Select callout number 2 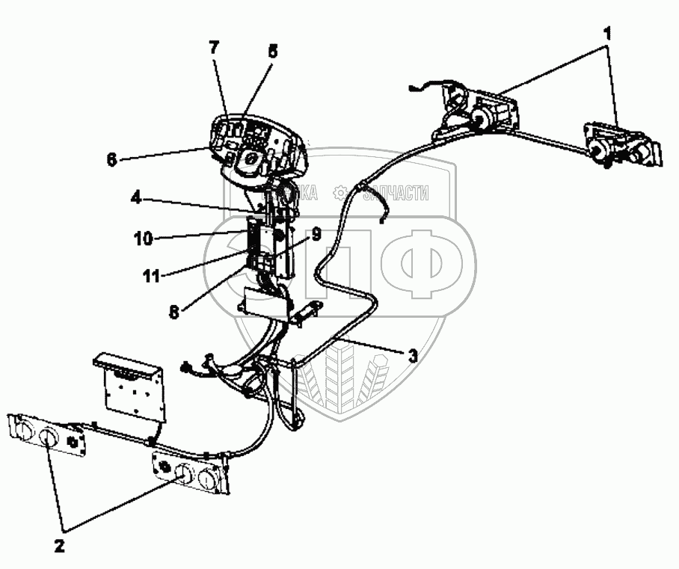pyautogui.click(x=59, y=545)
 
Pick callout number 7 pyautogui.click(x=215, y=47)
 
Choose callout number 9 pyautogui.click(x=316, y=234)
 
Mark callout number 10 pyautogui.click(x=144, y=239)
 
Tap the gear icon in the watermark pyautogui.click(x=340, y=193)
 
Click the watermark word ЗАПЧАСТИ pyautogui.click(x=396, y=194)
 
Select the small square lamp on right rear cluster pyautogui.click(x=163, y=468)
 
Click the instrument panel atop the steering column pyautogui.click(x=259, y=142)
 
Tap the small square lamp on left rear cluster pyautogui.click(x=74, y=440)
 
